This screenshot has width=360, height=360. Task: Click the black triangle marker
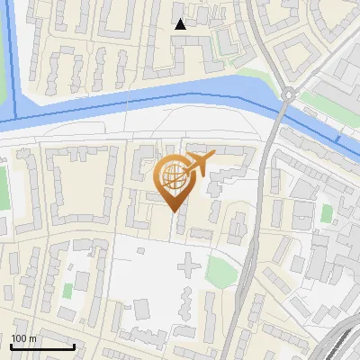click(x=180, y=24)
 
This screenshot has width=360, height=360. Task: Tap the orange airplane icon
click(x=198, y=164)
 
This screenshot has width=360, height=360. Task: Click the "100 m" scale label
click(x=23, y=338)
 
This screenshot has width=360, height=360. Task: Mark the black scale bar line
click(x=41, y=346)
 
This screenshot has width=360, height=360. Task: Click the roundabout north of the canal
click(x=288, y=94)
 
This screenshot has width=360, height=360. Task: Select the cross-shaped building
click(x=188, y=265)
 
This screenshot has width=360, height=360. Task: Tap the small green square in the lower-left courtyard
click(x=67, y=291)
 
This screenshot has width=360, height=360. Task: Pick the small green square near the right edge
click(x=326, y=213)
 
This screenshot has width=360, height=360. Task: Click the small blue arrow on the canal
click(x=337, y=139)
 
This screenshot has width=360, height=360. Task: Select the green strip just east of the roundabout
click(x=319, y=99)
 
